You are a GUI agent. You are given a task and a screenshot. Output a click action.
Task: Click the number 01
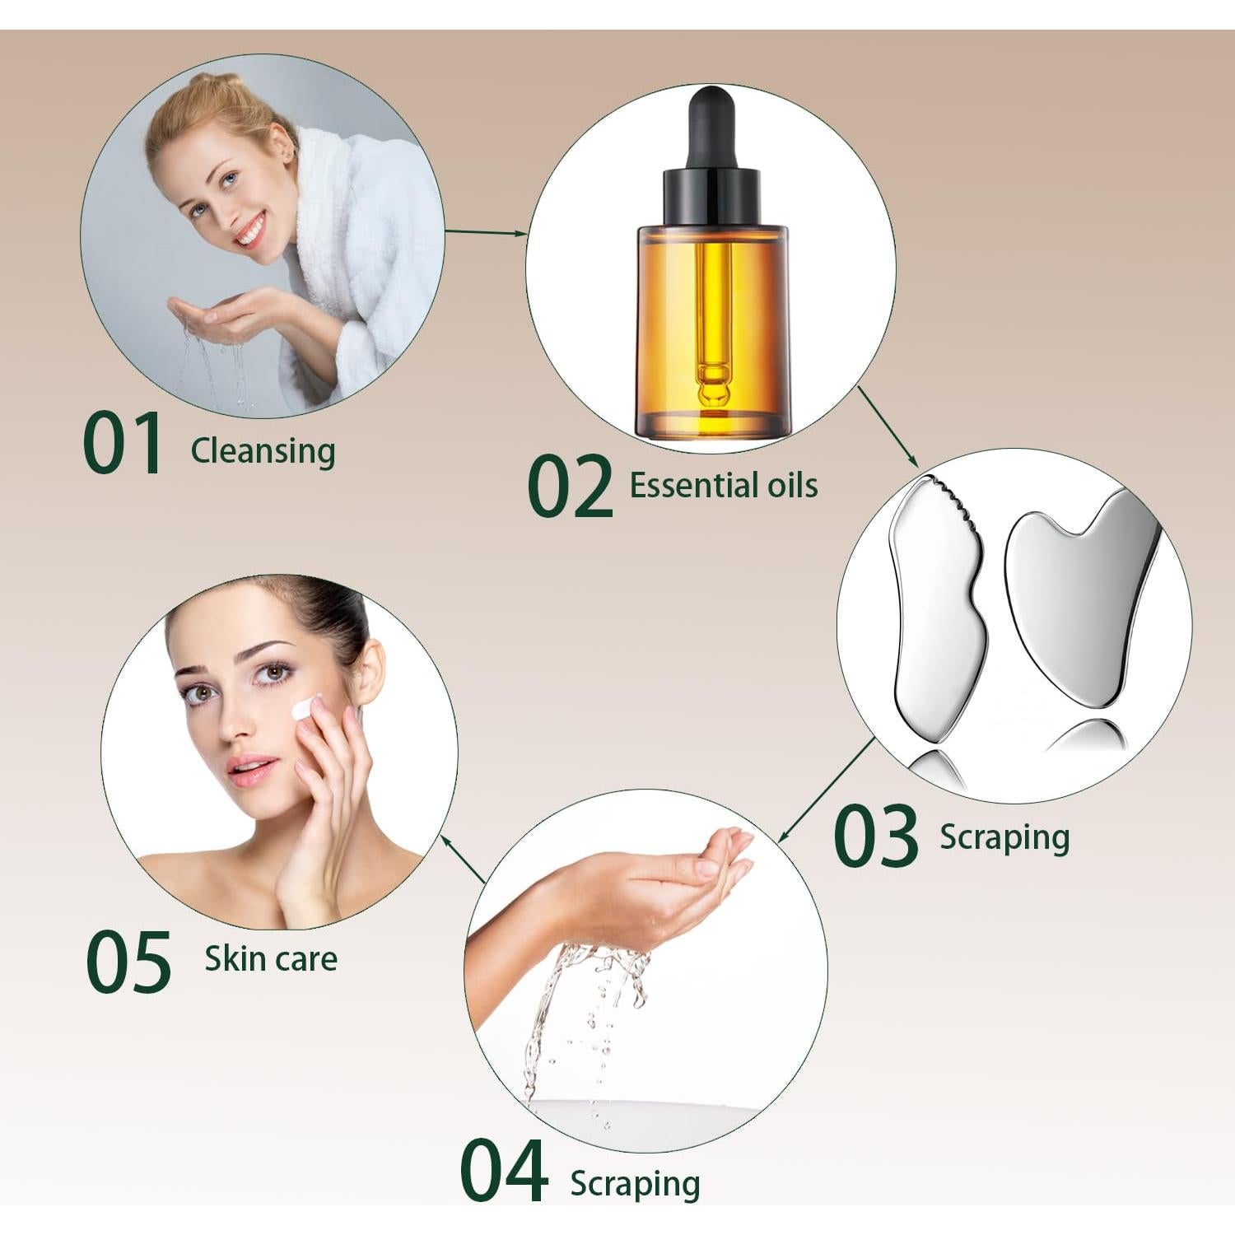coord(123,445)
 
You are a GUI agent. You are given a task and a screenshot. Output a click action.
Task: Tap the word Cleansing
coord(263,451)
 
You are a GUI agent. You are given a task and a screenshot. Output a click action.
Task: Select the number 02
coord(570,487)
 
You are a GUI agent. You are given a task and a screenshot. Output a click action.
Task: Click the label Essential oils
coord(723,486)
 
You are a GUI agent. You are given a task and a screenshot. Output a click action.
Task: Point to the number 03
coord(875,837)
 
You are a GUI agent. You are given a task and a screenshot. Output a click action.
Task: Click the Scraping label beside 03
coord(1004,837)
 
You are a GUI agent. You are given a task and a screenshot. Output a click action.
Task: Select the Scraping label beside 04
coord(635,1184)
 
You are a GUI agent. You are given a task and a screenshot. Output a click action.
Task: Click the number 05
coord(128,961)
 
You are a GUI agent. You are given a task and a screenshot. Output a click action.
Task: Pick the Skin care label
coord(271,959)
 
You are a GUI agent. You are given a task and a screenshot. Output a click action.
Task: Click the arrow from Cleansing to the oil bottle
coord(486,233)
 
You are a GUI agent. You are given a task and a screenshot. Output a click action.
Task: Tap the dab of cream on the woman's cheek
coord(305,707)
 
